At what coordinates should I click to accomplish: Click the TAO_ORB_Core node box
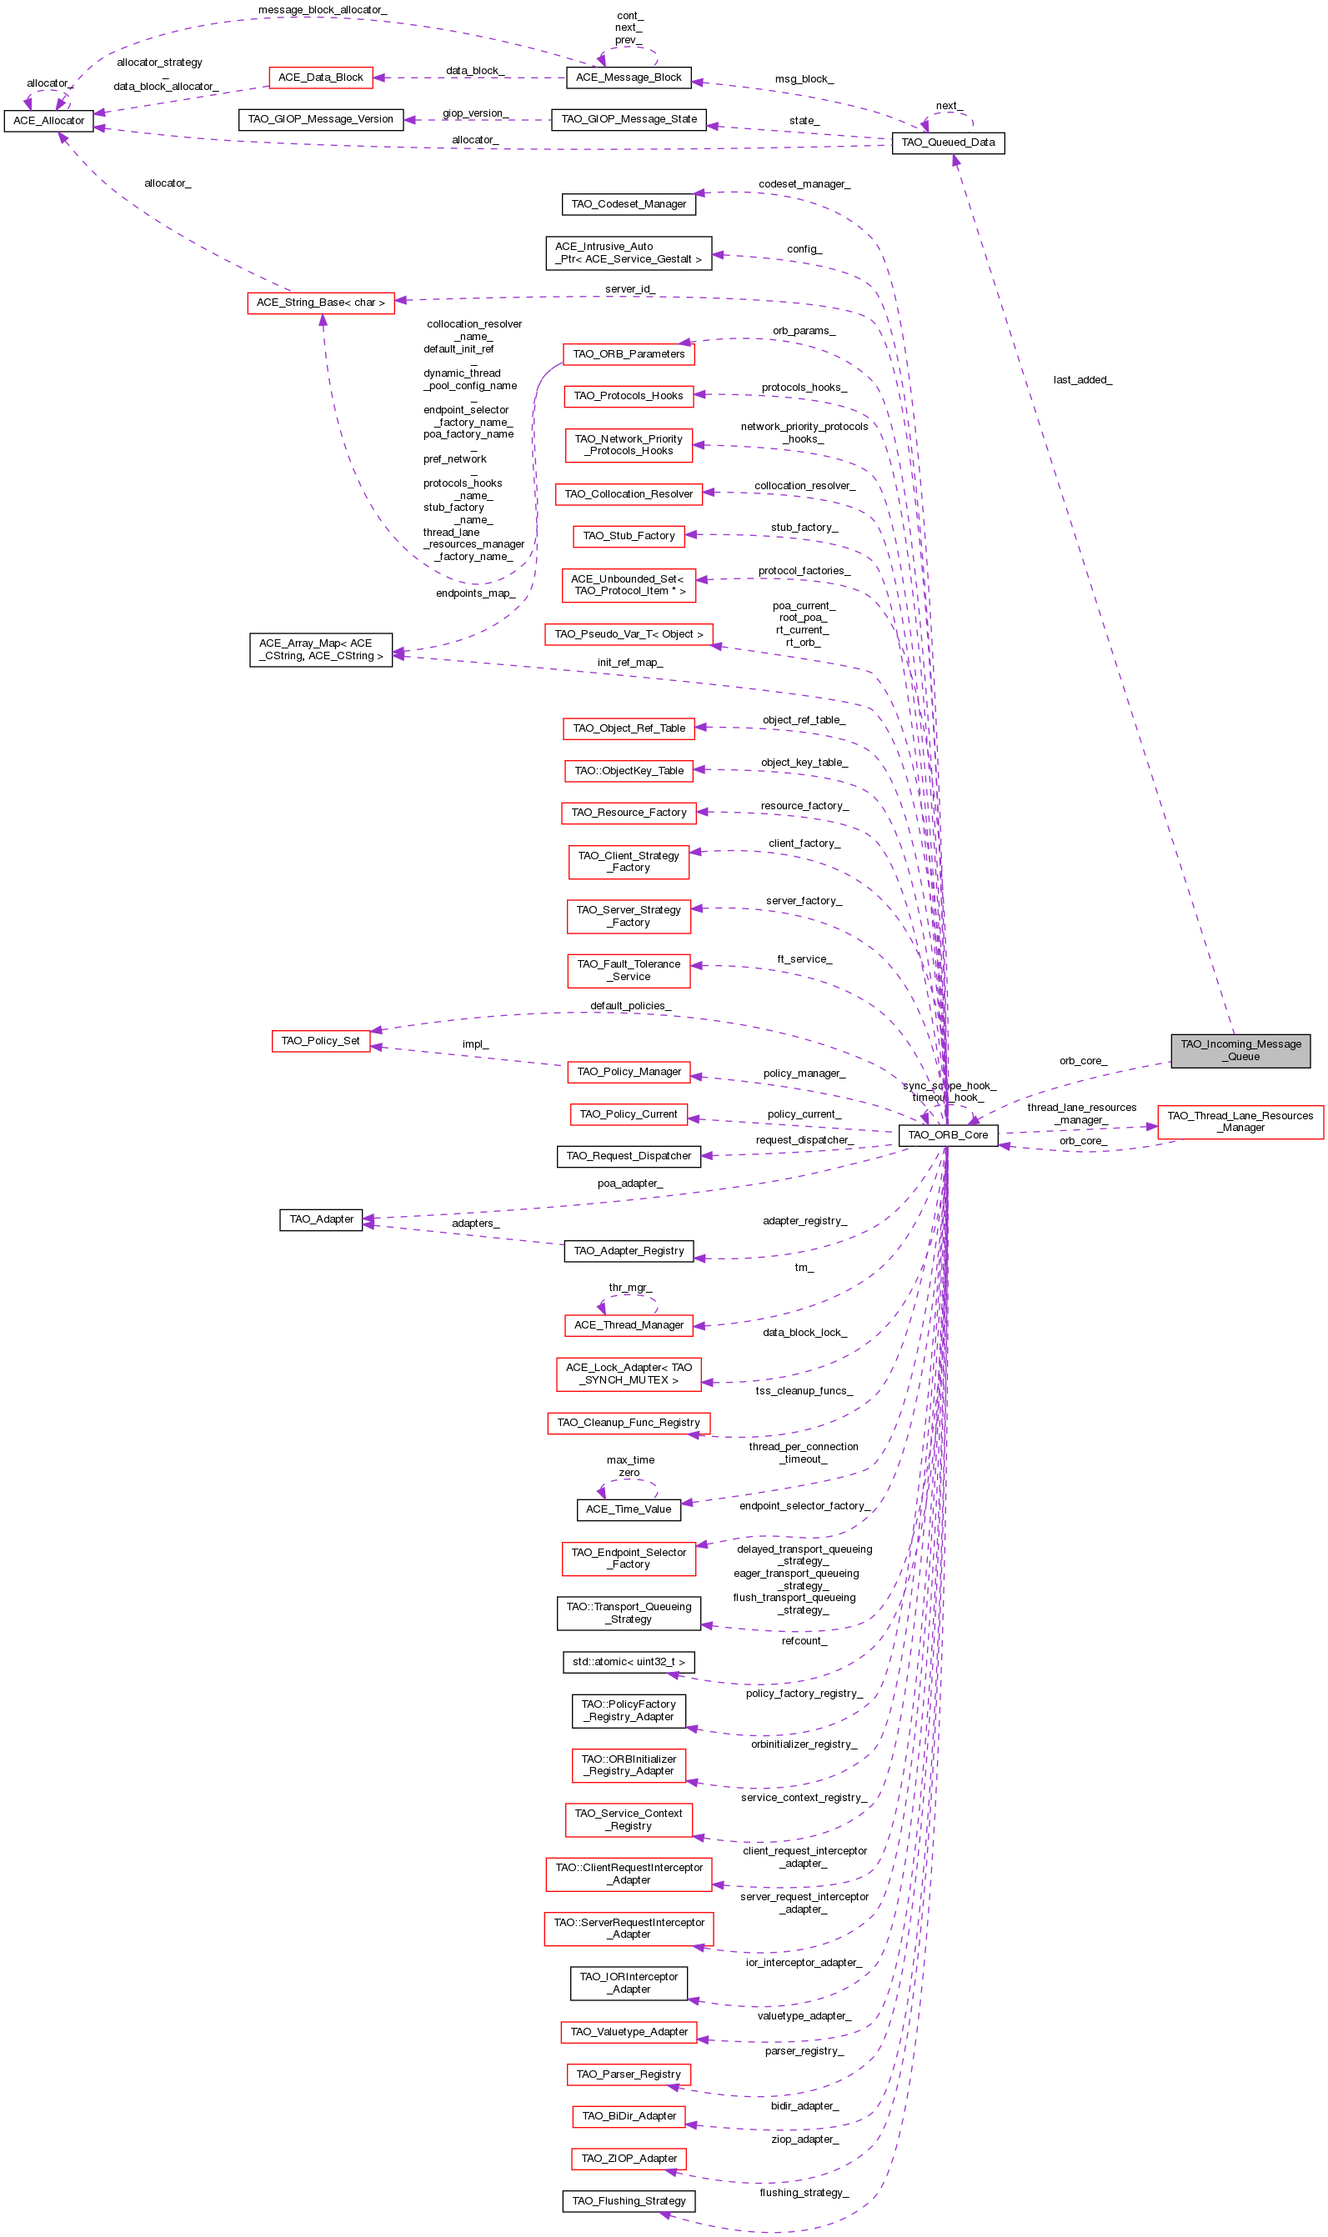[948, 1135]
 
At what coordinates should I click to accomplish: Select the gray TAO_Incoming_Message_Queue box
[1240, 1050]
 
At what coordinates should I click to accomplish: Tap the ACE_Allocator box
[48, 121]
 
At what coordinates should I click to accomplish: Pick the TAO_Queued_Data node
[948, 143]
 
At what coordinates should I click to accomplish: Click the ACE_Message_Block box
[629, 78]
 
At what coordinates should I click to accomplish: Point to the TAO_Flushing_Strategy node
[629, 2200]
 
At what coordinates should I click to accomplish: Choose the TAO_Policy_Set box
[320, 1040]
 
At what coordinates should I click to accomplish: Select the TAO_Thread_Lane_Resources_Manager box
[1240, 1122]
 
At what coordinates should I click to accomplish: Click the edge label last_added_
[1082, 380]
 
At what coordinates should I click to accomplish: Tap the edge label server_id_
[629, 289]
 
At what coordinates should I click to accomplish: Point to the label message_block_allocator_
[322, 10]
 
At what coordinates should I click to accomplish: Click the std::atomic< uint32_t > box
[629, 1662]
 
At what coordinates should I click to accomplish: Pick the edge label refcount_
[804, 1640]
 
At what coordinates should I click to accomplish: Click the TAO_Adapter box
[320, 1219]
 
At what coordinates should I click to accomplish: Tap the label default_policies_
[630, 1005]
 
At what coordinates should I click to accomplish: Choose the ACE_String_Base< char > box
[320, 303]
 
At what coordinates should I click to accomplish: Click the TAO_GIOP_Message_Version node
[320, 119]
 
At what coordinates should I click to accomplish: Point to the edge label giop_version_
[475, 113]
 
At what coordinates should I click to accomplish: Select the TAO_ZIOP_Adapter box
[629, 2159]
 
